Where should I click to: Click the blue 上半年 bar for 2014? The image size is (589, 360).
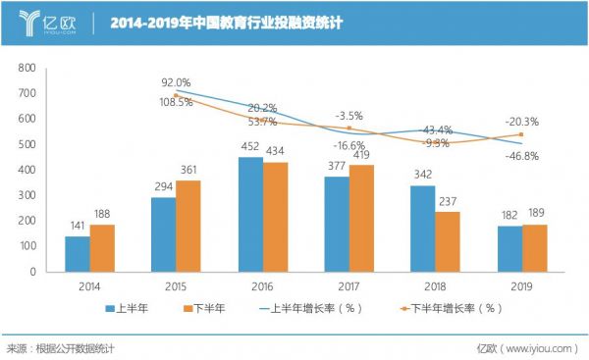[78, 253]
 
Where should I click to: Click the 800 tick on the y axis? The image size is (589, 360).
[26, 68]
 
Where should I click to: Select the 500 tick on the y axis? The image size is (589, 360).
[26, 144]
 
